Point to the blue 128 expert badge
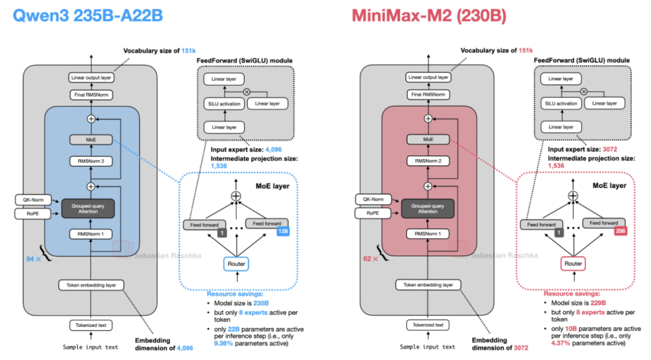[x=282, y=231]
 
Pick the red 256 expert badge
[x=619, y=231]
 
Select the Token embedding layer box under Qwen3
[x=90, y=285]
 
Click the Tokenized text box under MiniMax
[x=428, y=325]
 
